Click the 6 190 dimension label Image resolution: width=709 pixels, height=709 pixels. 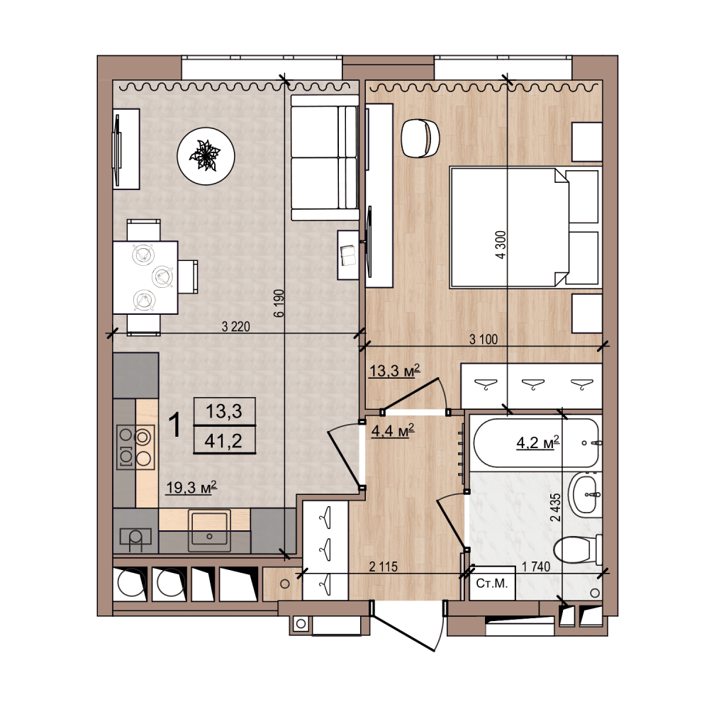279,303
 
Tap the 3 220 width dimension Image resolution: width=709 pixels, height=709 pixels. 236,326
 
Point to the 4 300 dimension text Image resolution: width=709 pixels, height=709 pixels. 501,245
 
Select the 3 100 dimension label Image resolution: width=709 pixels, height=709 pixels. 484,339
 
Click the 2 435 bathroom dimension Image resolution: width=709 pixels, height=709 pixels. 556,507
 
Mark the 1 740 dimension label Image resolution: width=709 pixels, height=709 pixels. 536,566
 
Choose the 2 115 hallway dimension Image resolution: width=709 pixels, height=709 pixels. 384,566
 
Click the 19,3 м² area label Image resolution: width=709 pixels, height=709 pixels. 191,488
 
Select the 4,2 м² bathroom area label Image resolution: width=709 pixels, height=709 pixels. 538,442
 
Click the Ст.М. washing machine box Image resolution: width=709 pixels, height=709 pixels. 493,584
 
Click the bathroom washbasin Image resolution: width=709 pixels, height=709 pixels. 586,494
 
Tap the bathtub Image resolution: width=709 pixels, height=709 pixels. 536,442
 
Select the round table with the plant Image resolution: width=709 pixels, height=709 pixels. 206,156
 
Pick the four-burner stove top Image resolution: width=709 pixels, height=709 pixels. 135,447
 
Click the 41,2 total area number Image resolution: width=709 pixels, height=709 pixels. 224,440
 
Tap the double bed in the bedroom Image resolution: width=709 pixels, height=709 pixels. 525,228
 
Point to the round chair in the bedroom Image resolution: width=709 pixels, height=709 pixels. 420,138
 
